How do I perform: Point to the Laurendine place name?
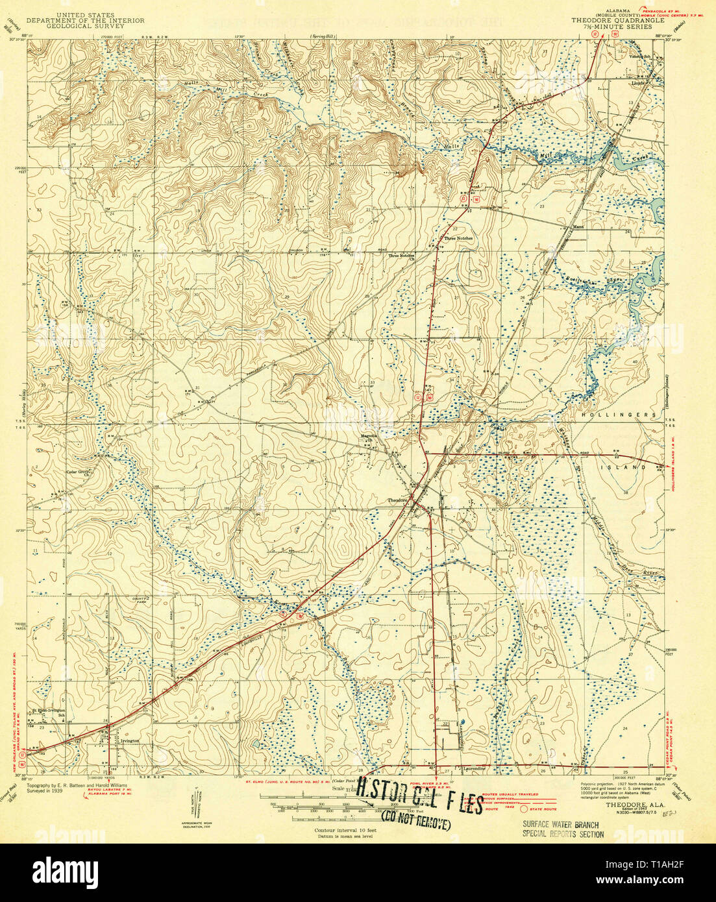(474, 768)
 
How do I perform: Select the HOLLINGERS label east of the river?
(610, 414)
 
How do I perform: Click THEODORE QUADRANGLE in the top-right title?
(617, 20)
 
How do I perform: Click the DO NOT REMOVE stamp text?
(416, 823)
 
